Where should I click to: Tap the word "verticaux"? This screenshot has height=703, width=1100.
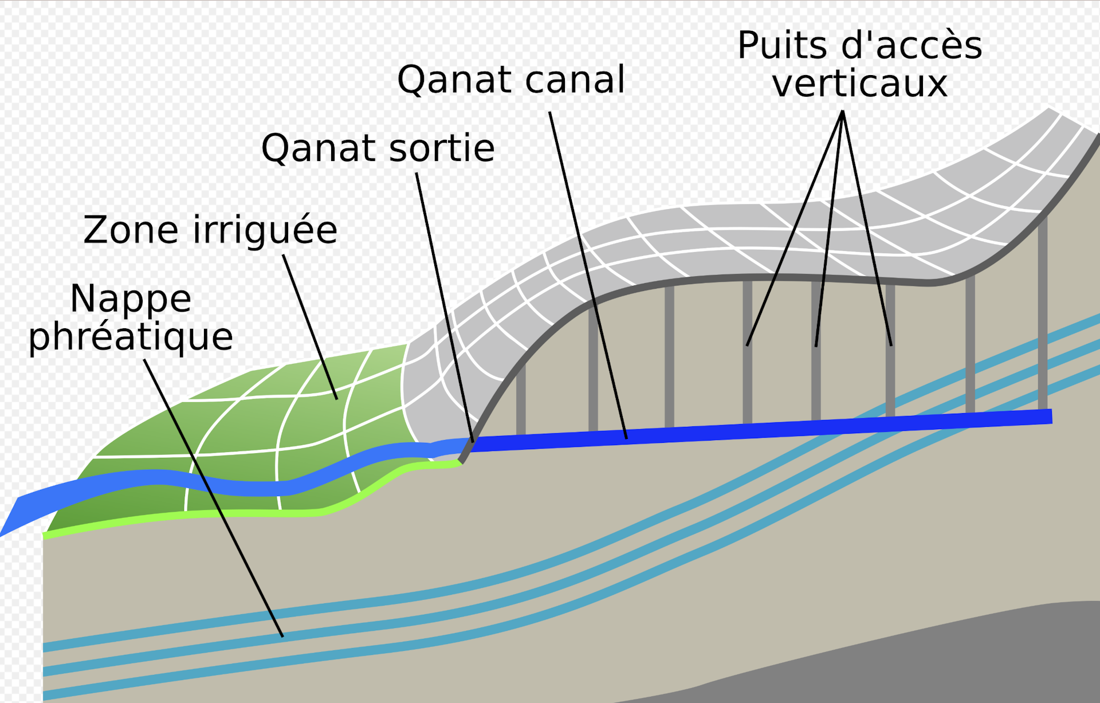[x=859, y=84]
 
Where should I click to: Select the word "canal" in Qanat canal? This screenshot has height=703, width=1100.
[x=575, y=80]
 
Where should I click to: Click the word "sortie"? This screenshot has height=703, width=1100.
[x=442, y=148]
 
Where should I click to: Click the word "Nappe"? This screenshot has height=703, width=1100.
[x=131, y=299]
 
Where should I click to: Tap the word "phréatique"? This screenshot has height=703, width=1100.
[x=131, y=337]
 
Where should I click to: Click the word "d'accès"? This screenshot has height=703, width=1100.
[x=912, y=46]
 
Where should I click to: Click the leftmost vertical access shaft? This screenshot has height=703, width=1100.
[x=521, y=401]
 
